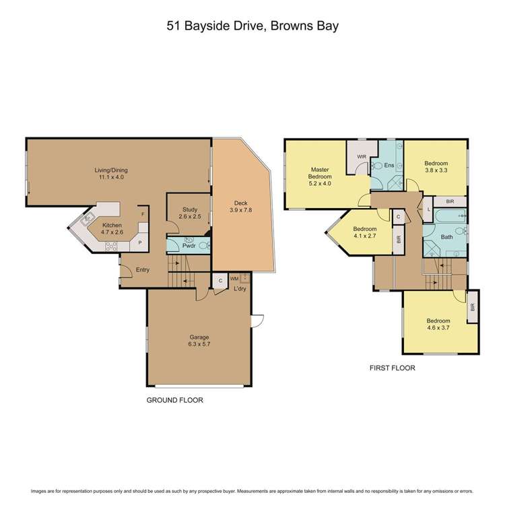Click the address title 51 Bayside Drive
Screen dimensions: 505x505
252,27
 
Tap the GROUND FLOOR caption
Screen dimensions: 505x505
175,400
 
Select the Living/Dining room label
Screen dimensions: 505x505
111,174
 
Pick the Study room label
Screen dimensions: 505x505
189,213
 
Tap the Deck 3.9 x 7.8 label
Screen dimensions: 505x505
240,207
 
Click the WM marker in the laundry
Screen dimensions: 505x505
234,278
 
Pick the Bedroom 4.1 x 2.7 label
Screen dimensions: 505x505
364,232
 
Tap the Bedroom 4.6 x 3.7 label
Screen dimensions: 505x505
439,324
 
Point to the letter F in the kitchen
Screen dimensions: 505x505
142,215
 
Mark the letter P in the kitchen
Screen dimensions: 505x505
139,242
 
